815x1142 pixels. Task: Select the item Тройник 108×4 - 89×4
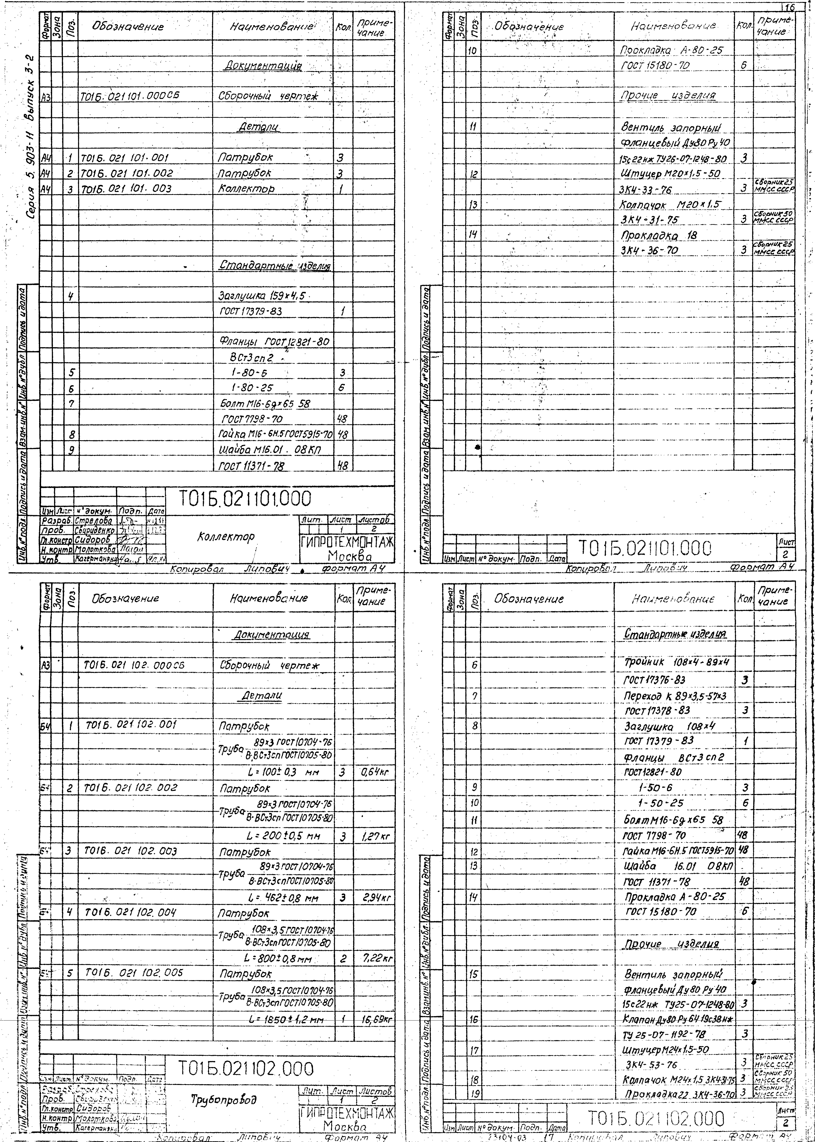pyautogui.click(x=677, y=662)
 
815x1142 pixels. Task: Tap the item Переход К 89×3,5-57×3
pyautogui.click(x=675, y=696)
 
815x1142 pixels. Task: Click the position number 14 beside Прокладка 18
pyautogui.click(x=473, y=235)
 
